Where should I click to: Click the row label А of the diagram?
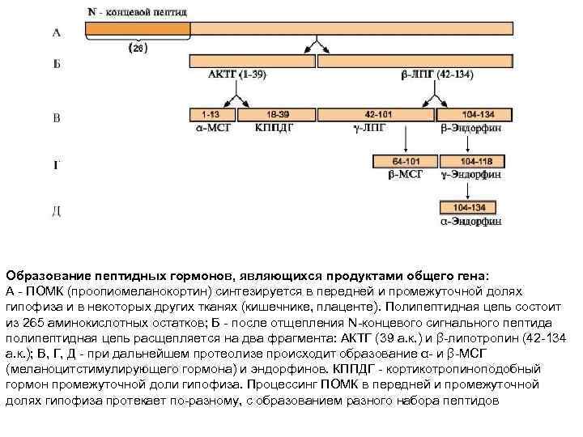56,32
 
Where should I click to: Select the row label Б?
56,64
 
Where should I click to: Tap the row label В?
56,119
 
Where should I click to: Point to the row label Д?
56,212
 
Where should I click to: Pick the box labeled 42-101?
378,115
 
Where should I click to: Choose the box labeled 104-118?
471,161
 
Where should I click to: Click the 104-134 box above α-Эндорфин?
470,207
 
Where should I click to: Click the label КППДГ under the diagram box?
274,128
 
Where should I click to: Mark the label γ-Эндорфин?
470,174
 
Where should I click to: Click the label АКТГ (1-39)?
235,76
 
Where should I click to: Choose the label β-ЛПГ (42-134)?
436,76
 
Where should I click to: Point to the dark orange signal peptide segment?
138,28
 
